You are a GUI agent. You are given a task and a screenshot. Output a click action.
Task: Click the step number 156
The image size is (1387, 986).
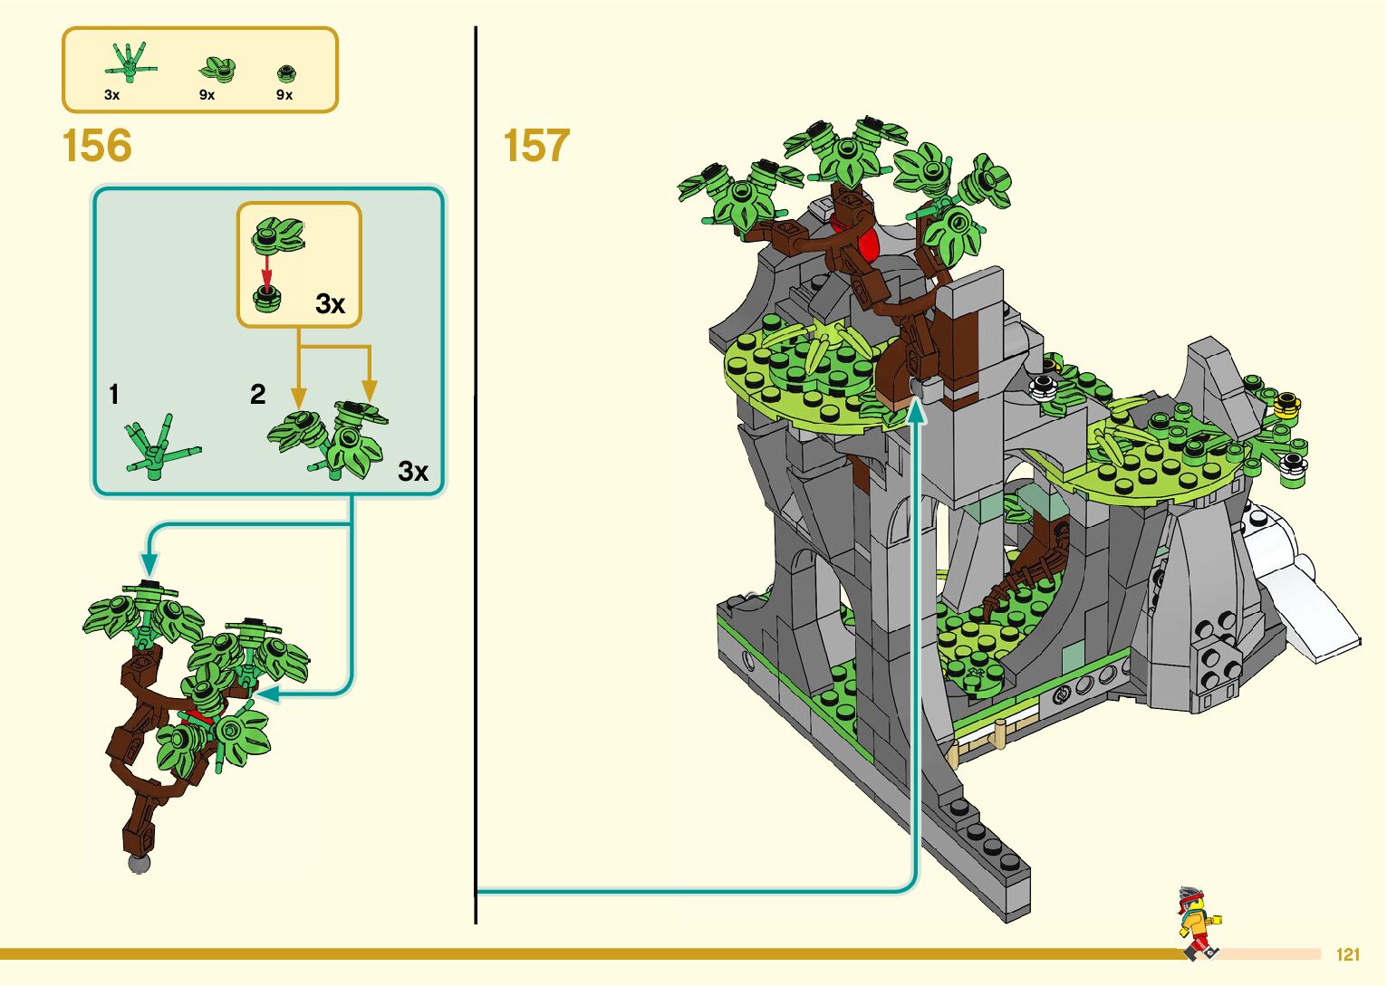[97, 146]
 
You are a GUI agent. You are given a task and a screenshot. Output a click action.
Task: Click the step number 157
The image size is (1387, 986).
[536, 146]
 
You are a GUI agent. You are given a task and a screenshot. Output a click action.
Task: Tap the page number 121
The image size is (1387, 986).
[1348, 954]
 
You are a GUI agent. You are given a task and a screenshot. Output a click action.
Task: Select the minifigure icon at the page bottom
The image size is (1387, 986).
[1198, 923]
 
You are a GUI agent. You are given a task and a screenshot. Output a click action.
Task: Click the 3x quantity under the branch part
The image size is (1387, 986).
[111, 95]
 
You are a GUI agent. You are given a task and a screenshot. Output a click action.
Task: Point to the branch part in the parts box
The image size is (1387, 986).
[130, 62]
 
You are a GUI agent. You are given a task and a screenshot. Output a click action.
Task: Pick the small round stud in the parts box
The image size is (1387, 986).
[285, 72]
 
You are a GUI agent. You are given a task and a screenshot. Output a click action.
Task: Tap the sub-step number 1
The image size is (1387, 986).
[114, 395]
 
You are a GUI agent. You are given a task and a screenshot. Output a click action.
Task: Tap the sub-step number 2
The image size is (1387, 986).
[258, 395]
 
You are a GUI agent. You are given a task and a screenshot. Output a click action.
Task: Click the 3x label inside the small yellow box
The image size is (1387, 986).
[331, 304]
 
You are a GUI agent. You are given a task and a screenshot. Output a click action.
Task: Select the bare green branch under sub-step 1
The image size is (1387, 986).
[161, 447]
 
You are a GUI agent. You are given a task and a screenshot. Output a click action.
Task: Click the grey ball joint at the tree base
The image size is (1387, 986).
[139, 862]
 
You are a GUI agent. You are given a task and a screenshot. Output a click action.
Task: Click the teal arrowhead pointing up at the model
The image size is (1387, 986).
[917, 413]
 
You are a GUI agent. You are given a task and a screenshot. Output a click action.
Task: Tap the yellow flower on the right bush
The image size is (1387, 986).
[1286, 404]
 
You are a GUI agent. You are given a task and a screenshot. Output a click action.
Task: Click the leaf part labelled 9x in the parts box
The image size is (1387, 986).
[217, 70]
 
